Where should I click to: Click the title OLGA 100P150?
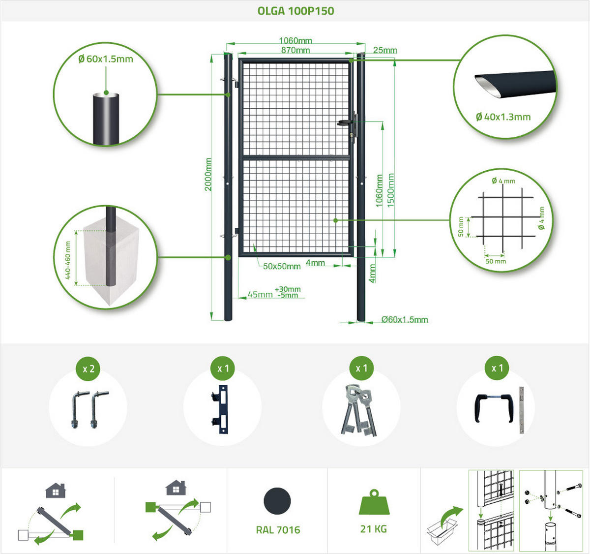click(x=295, y=11)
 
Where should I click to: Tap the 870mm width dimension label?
click(x=295, y=50)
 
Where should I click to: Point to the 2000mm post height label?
click(x=208, y=174)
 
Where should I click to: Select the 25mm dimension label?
click(x=385, y=50)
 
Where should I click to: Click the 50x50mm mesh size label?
click(x=282, y=266)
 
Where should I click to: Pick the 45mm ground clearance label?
click(x=260, y=294)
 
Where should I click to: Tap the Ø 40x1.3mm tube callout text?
click(x=503, y=117)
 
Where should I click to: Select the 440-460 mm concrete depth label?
click(x=68, y=260)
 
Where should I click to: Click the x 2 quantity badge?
click(x=88, y=369)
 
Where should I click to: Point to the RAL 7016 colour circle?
click(x=277, y=501)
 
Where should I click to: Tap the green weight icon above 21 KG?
click(x=374, y=502)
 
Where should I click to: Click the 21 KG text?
click(x=374, y=529)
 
